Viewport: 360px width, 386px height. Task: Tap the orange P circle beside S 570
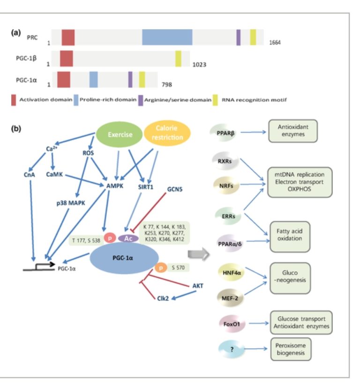pyautogui.click(x=160, y=266)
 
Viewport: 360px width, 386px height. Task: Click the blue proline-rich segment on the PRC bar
pyautogui.click(x=167, y=37)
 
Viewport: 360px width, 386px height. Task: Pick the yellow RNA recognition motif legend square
pyautogui.click(x=216, y=99)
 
